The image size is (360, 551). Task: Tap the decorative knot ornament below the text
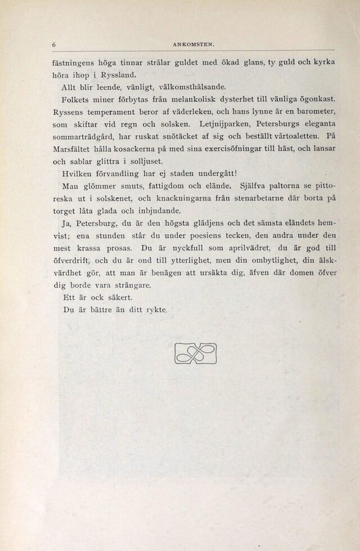coord(196,353)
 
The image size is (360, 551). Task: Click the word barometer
coord(314,111)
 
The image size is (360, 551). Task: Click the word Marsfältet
coord(74,149)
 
